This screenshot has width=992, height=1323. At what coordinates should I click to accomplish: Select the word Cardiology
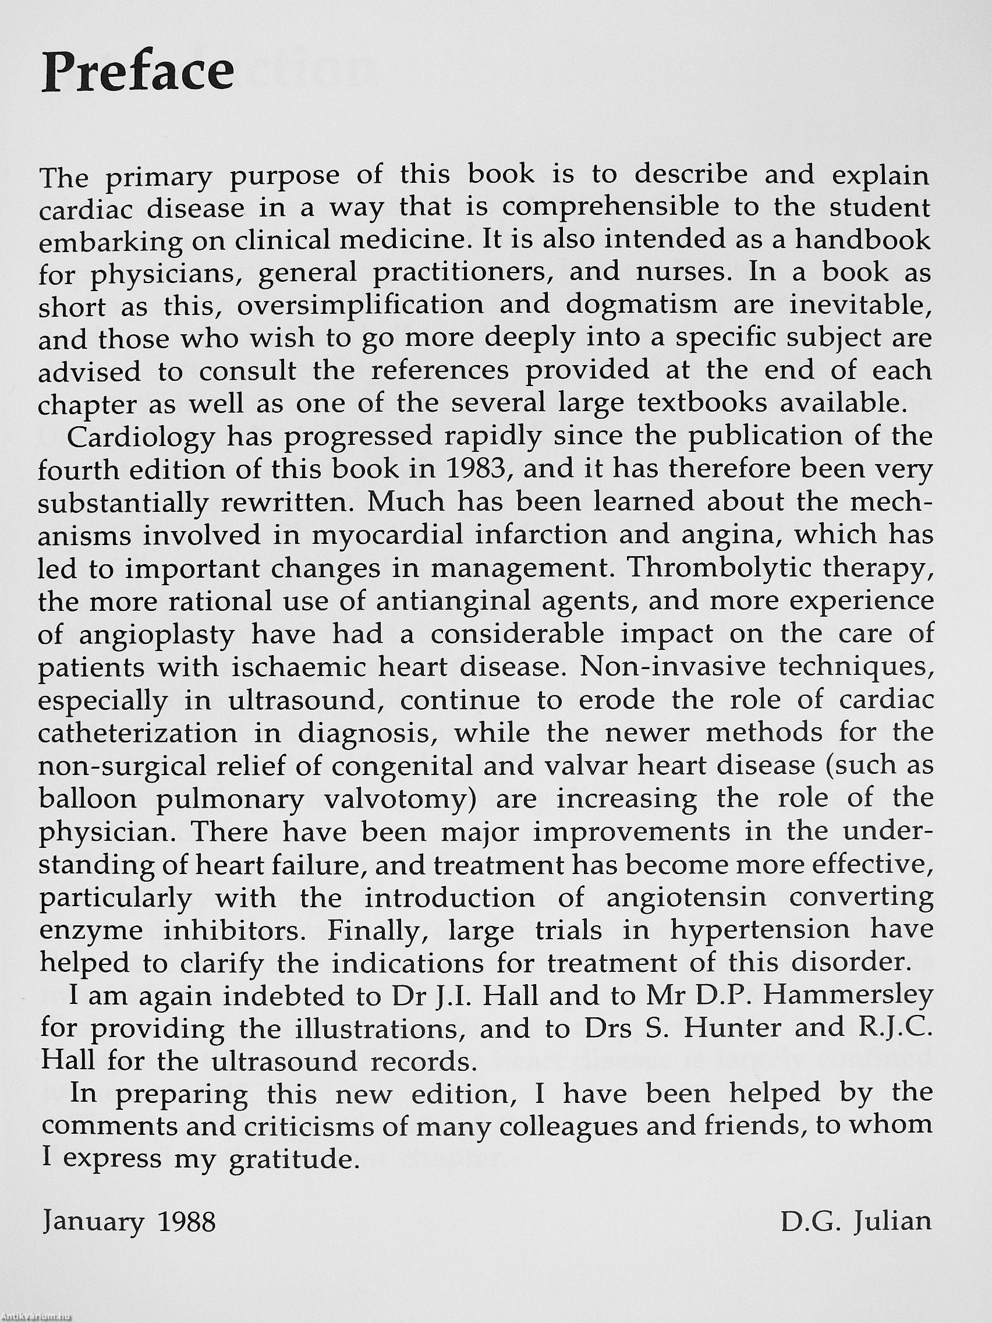[141, 437]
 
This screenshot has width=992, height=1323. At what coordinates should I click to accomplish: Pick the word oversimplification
[360, 305]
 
